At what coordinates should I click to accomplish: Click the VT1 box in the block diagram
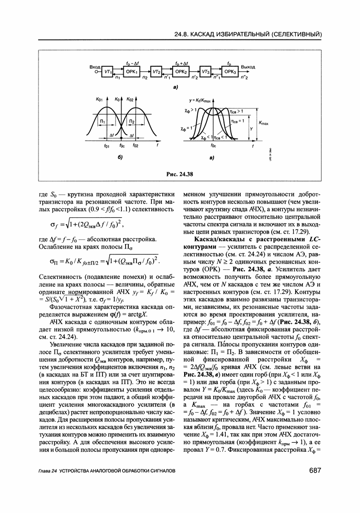(x=108, y=72)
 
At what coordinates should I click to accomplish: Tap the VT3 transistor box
(x=206, y=72)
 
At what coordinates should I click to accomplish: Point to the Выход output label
(x=248, y=67)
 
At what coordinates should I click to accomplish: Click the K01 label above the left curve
(x=99, y=99)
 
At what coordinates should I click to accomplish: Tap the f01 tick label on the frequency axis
(x=106, y=146)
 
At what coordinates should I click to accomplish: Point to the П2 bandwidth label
(x=131, y=122)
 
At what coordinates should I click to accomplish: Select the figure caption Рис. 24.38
(x=180, y=173)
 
